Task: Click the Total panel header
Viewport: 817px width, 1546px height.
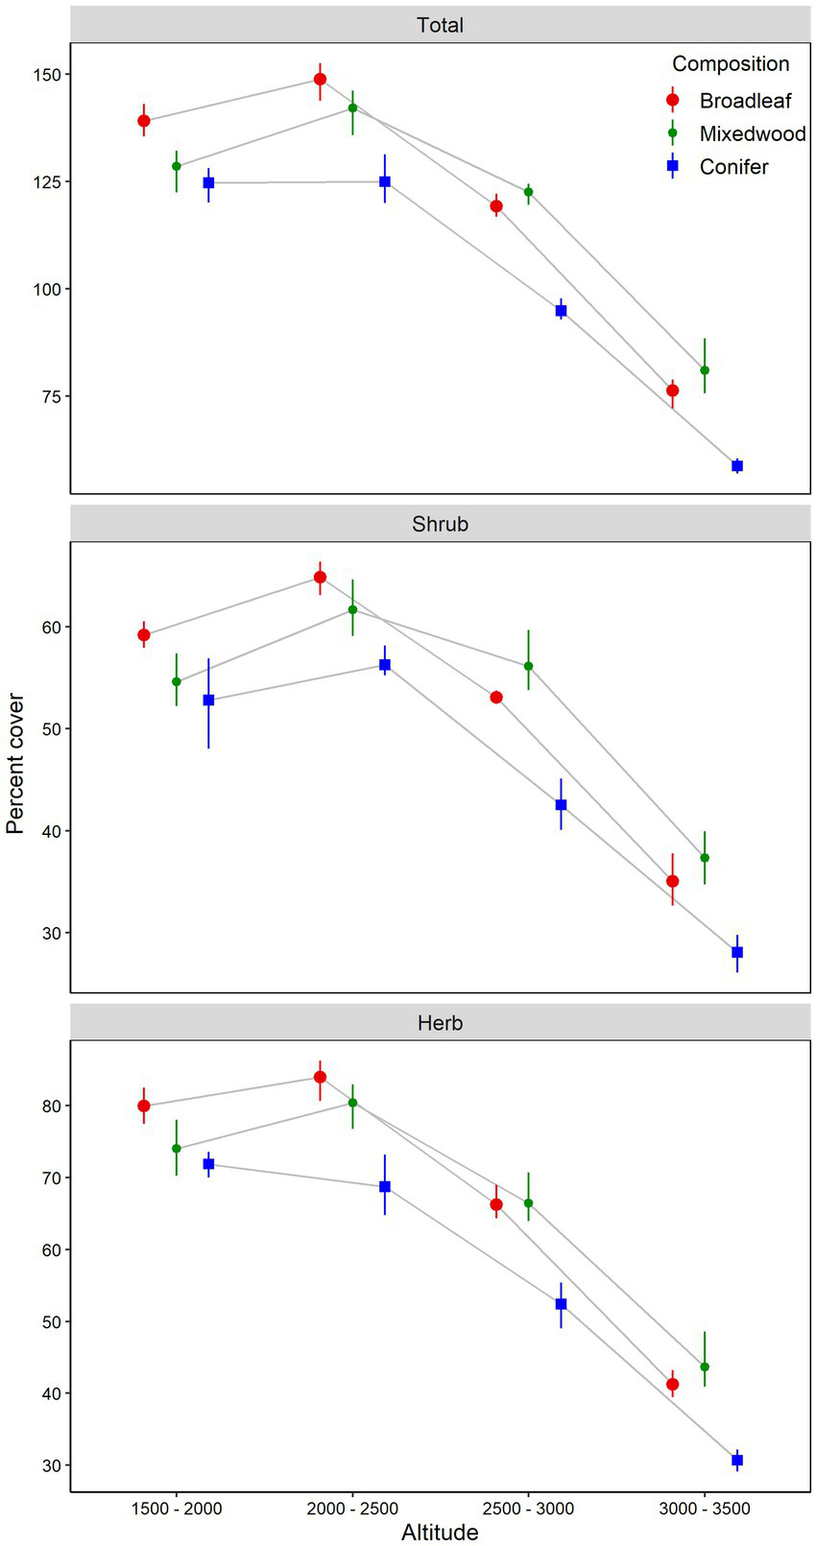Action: [440, 25]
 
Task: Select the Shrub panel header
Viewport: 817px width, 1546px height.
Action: [440, 524]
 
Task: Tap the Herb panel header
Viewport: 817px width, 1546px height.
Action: [440, 1023]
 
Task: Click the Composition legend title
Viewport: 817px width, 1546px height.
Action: [731, 64]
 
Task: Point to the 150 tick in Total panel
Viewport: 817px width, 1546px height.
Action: [49, 75]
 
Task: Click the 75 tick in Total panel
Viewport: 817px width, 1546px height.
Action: [53, 396]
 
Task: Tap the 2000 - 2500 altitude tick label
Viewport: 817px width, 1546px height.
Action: [352, 1509]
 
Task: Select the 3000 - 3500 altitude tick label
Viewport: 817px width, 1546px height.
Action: [705, 1509]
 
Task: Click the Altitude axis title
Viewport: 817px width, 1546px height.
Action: [440, 1532]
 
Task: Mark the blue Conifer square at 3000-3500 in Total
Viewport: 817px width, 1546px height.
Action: [737, 466]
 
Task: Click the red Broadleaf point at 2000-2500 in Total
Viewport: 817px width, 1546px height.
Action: [321, 80]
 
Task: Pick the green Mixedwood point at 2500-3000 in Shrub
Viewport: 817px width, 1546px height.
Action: [529, 666]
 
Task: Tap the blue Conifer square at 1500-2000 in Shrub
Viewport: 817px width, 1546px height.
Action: [208, 701]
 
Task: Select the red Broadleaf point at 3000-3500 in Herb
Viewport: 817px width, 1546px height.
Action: [673, 1384]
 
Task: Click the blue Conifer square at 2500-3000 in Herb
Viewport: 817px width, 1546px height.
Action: [562, 1304]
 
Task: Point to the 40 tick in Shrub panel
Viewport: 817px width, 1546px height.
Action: [53, 831]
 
